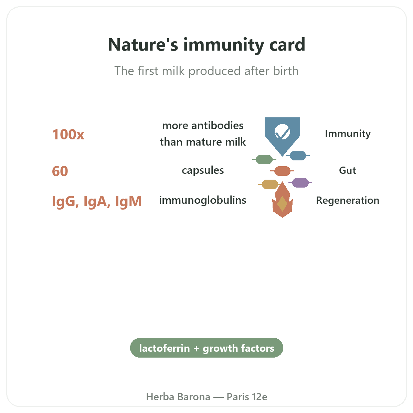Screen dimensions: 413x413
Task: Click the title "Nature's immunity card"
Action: (x=206, y=45)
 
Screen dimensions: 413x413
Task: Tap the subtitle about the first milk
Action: (x=206, y=71)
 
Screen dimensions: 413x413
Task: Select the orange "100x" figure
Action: (x=68, y=135)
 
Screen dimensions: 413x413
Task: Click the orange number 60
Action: (x=60, y=171)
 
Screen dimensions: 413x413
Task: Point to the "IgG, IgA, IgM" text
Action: (x=97, y=201)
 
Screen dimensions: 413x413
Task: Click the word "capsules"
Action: (x=203, y=171)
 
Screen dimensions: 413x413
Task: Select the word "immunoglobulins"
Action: (x=202, y=200)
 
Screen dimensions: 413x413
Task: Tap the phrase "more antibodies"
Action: (x=203, y=125)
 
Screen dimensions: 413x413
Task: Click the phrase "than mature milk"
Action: (x=203, y=142)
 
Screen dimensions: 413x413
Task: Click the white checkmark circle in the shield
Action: (x=282, y=131)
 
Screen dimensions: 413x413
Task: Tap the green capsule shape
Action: (x=264, y=159)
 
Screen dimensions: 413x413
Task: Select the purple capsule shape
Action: (x=300, y=183)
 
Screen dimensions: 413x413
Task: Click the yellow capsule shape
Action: (x=270, y=184)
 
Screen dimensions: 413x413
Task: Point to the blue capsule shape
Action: (x=298, y=155)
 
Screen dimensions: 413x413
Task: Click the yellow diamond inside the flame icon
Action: (x=282, y=204)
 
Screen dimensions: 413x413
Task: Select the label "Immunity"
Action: (x=348, y=134)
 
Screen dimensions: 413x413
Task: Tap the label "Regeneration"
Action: (x=348, y=200)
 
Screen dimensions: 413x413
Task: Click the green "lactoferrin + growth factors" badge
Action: (x=206, y=348)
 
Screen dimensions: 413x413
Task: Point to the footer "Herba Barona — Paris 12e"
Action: (x=206, y=397)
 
